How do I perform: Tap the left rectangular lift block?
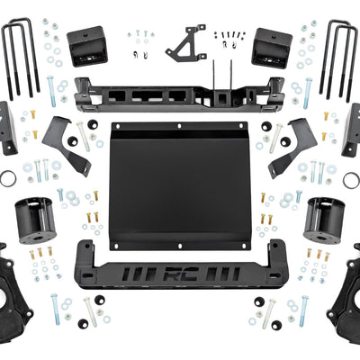pyautogui.click(x=86, y=46)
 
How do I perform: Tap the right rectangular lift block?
pyautogui.click(x=273, y=46)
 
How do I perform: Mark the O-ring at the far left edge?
pyautogui.click(x=7, y=179)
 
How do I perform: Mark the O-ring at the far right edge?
pyautogui.click(x=351, y=179)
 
